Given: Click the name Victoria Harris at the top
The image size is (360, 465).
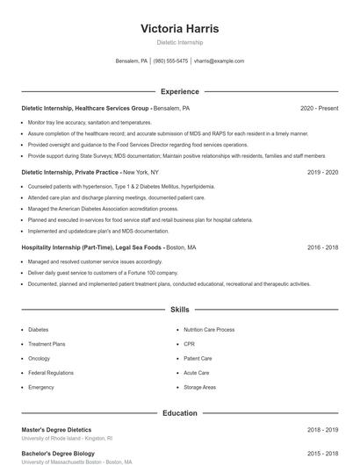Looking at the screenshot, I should [x=179, y=28].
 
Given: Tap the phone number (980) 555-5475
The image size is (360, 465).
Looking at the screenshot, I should [x=171, y=61].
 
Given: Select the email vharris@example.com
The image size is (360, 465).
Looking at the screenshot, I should [x=219, y=61].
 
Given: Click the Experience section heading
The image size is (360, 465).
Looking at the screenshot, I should [x=179, y=91].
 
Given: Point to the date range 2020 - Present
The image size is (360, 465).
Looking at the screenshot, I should [x=319, y=108].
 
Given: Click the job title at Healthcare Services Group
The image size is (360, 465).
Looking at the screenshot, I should [x=85, y=108].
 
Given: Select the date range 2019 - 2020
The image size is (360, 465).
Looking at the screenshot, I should [x=322, y=172].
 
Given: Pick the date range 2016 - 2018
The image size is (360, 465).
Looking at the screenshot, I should [x=322, y=247].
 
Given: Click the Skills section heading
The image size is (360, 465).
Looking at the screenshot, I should [x=179, y=310].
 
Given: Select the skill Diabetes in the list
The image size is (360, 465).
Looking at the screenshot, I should [x=39, y=330].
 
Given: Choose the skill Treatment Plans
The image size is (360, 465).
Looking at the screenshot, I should [x=47, y=344].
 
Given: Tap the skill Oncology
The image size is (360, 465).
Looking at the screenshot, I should [x=40, y=358].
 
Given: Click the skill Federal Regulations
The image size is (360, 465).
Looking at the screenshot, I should [x=51, y=373].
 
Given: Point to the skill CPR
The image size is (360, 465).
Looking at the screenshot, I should [x=189, y=344].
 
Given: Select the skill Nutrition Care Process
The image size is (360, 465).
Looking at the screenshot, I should [x=209, y=330].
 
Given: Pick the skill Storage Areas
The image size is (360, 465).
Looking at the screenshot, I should [x=199, y=387].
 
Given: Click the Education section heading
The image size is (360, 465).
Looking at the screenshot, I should [x=179, y=413].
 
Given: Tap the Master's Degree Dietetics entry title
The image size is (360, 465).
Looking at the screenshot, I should [x=56, y=430].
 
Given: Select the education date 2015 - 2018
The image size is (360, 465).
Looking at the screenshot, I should [x=322, y=454].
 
